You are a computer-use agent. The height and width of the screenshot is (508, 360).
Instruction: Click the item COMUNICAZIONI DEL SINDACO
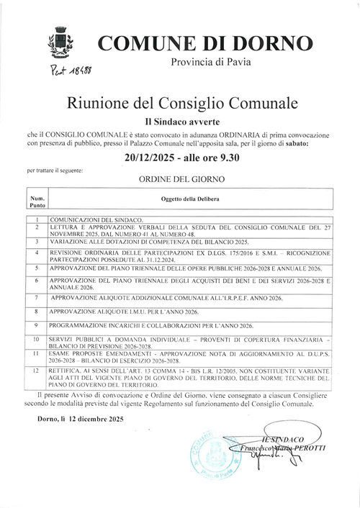click(96, 218)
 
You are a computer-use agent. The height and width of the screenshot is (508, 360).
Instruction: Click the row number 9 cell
click(37, 325)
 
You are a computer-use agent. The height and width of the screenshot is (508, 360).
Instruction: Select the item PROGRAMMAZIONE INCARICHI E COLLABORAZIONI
click(151, 325)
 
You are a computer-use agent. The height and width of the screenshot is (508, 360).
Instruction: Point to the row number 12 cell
click(37, 371)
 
